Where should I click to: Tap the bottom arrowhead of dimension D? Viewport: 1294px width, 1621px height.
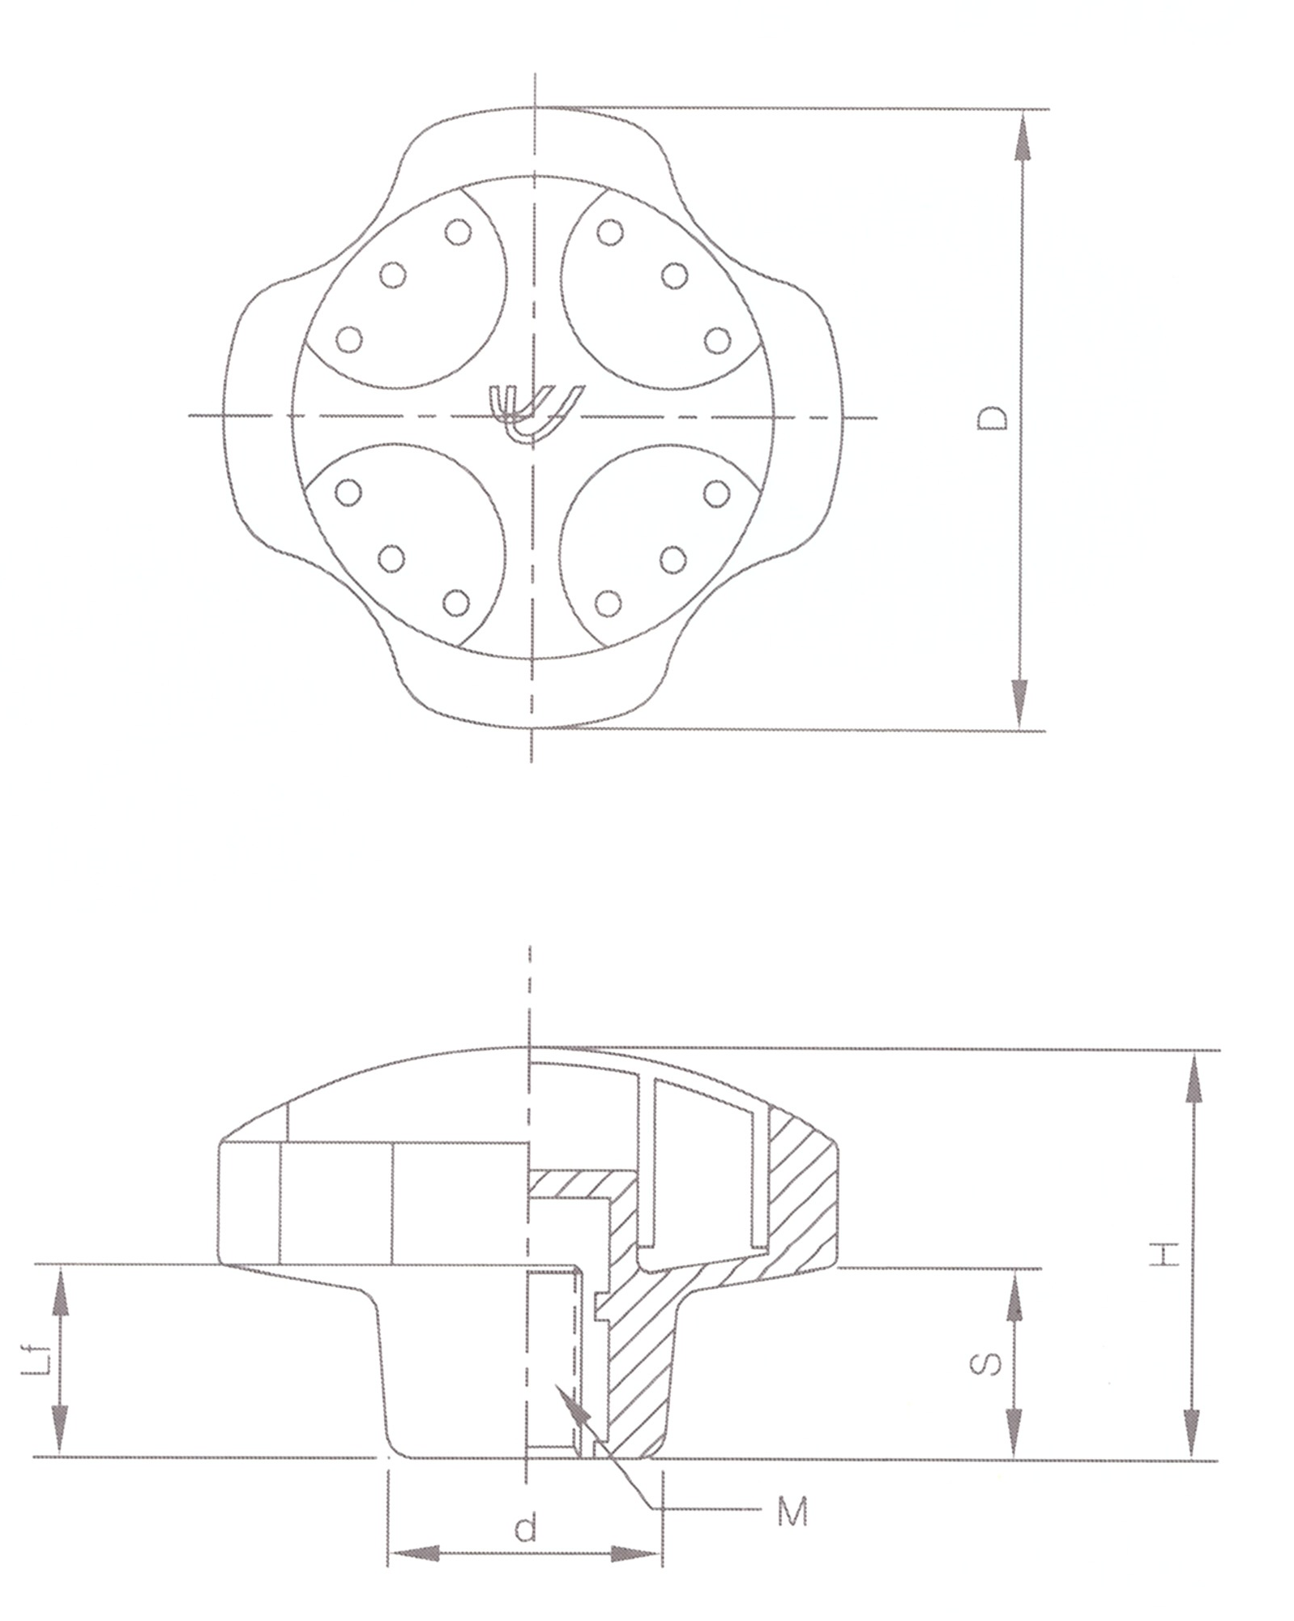click(1022, 702)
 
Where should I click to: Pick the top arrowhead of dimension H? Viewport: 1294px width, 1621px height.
click(1193, 1077)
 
